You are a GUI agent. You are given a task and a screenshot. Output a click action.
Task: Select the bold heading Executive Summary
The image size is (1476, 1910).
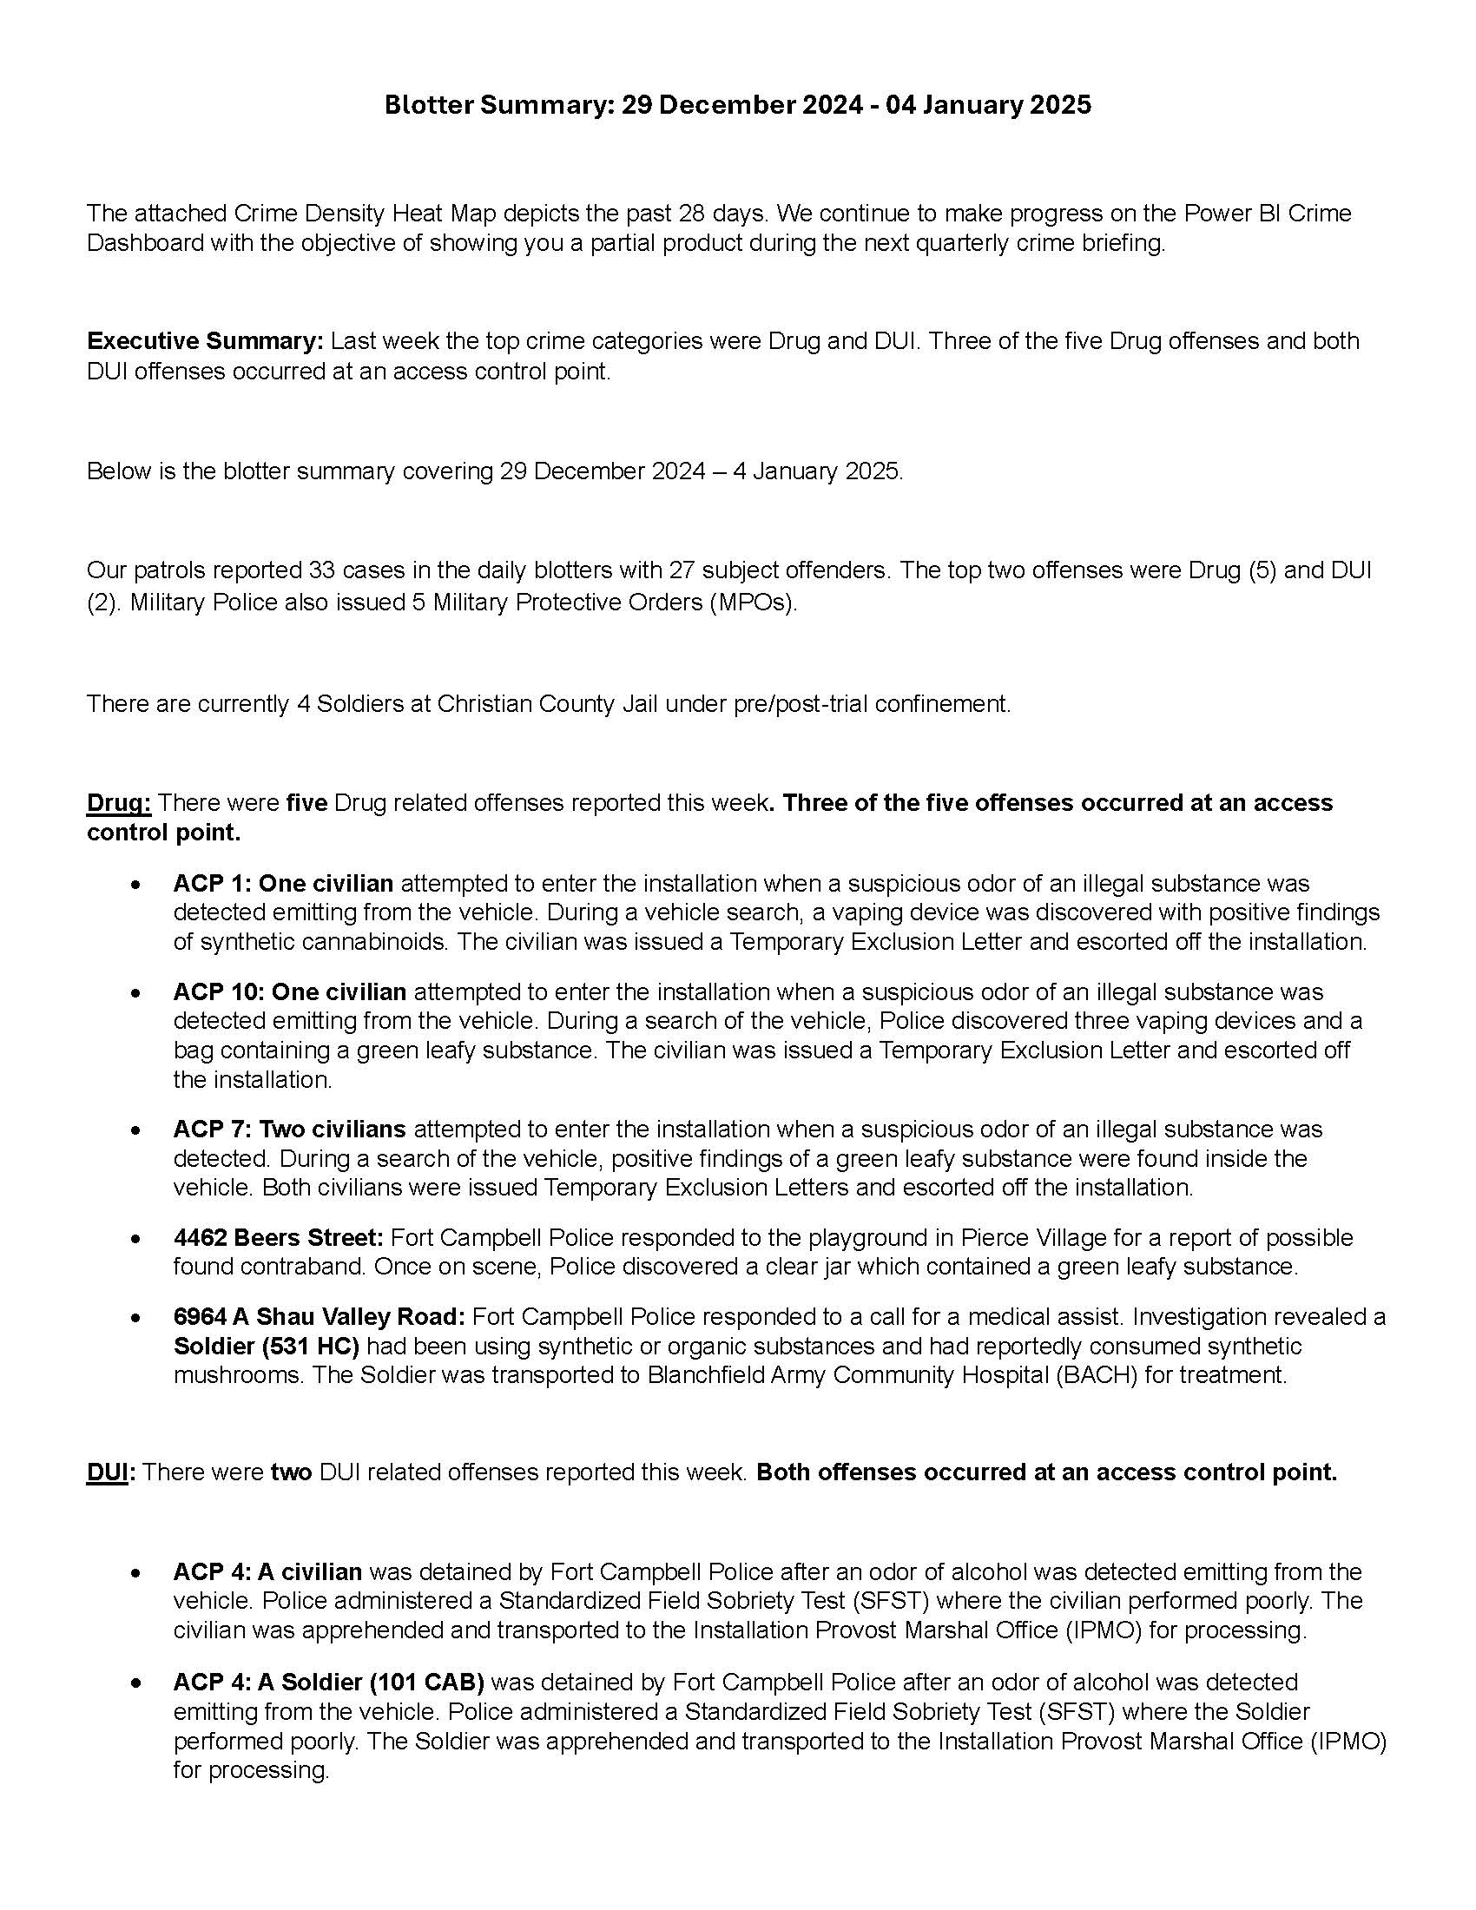pyautogui.click(x=206, y=341)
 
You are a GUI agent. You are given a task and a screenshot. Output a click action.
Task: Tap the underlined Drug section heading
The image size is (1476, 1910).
pyautogui.click(x=119, y=803)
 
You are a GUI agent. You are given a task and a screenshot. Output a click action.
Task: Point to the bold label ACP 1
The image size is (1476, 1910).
pyautogui.click(x=210, y=883)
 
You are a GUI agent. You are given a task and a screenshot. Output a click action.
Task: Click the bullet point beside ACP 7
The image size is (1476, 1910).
pyautogui.click(x=135, y=1130)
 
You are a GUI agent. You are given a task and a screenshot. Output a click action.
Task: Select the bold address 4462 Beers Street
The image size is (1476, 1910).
pyautogui.click(x=278, y=1237)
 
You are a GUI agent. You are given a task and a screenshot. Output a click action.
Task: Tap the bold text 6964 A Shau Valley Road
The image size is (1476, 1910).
pyautogui.click(x=320, y=1316)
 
